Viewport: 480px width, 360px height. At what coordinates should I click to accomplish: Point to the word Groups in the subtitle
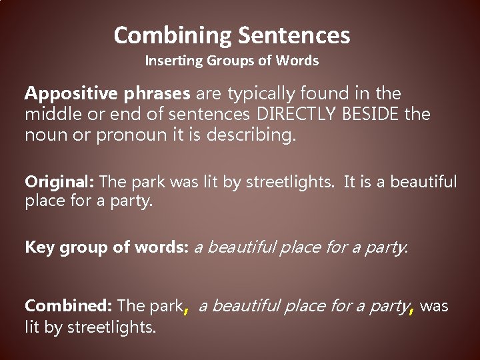(x=232, y=61)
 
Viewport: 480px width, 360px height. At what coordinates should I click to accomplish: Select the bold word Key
(x=39, y=247)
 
